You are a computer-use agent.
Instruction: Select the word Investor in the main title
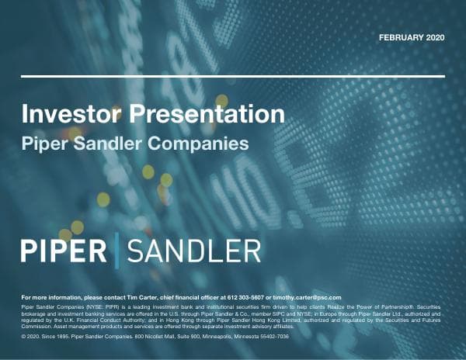pos(68,116)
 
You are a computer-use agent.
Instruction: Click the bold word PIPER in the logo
pos(64,251)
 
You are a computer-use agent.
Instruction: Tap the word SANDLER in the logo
pos(193,251)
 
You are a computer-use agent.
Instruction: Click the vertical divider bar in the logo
pos(116,250)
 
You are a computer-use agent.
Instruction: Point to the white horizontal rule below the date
pos(233,76)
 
